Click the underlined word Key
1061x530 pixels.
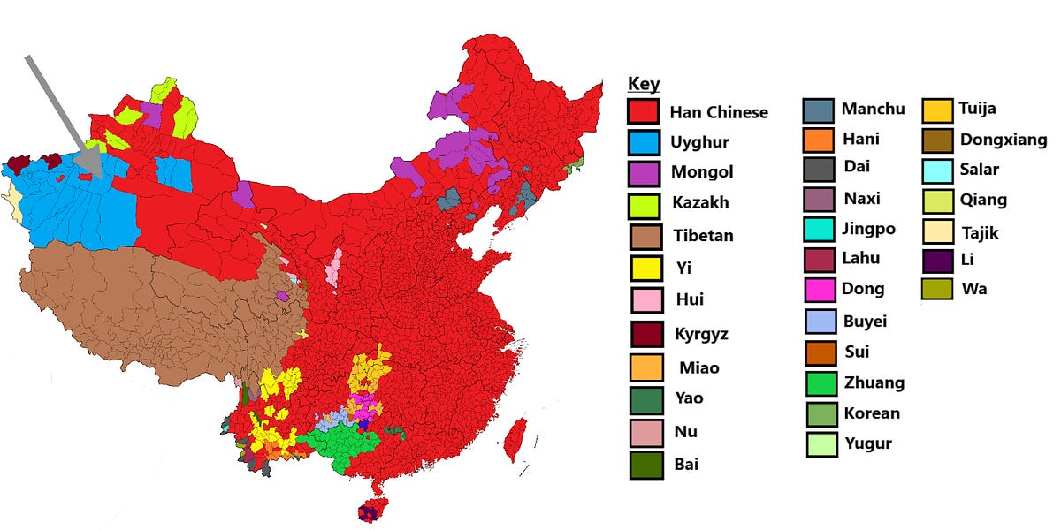(x=643, y=84)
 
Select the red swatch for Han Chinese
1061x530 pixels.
(x=643, y=112)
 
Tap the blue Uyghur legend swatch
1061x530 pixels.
(x=643, y=142)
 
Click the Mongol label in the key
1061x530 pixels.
(x=702, y=172)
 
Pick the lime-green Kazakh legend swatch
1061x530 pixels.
(x=643, y=203)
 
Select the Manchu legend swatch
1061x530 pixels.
(x=820, y=110)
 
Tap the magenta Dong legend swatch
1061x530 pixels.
(x=821, y=290)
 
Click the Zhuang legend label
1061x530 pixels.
(x=874, y=382)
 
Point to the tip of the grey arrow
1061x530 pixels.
(x=99, y=177)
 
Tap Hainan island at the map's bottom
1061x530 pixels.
(x=371, y=511)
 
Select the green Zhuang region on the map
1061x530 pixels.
(x=340, y=442)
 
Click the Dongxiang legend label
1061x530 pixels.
(x=1004, y=140)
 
